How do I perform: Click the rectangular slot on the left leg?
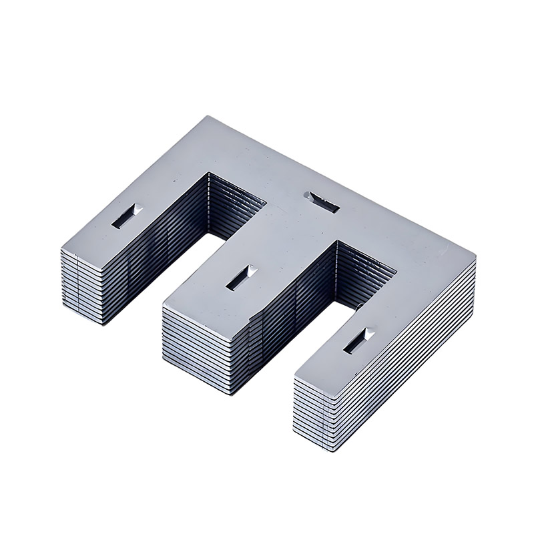pos(127,216)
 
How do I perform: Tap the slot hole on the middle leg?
pos(242,278)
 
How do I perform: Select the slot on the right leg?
pos(358,341)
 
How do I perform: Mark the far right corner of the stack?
pos(475,256)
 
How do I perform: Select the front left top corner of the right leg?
pos(294,377)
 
